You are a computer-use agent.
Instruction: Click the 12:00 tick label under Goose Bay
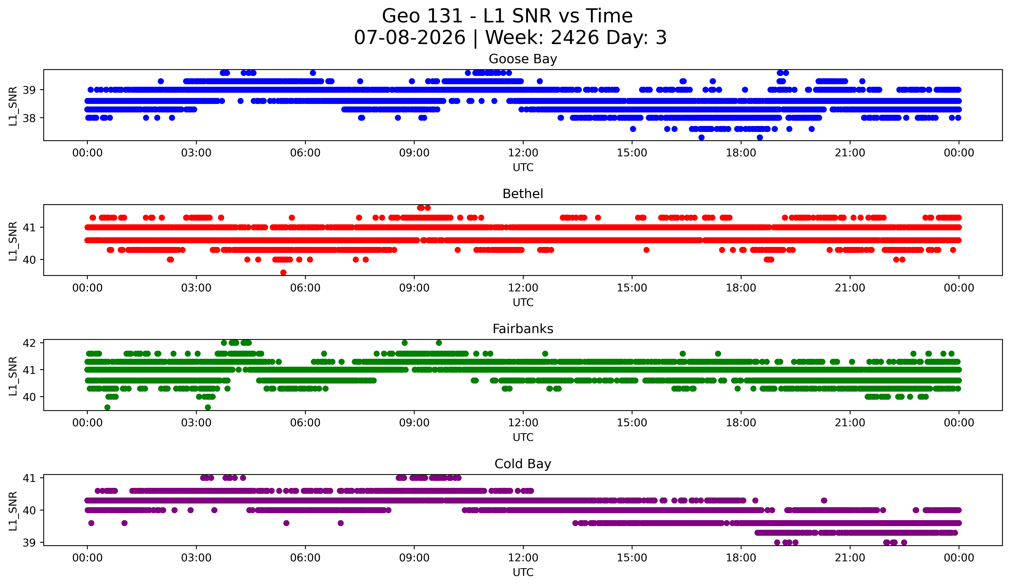click(x=523, y=153)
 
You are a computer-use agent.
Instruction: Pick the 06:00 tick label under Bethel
click(x=305, y=288)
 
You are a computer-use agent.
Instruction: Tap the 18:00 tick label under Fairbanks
click(x=741, y=423)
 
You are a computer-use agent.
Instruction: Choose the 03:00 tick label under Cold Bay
click(x=196, y=558)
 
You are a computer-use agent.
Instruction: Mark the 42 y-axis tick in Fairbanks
click(x=29, y=343)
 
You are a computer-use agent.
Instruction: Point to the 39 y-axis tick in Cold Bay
click(x=29, y=543)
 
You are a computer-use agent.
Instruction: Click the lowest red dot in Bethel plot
click(x=283, y=272)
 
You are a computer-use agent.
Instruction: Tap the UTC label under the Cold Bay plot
click(x=523, y=572)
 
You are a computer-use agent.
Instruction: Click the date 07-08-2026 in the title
click(x=410, y=38)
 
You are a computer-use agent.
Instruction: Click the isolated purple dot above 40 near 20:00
click(x=824, y=500)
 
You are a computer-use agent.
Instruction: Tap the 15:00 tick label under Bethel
click(x=632, y=288)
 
